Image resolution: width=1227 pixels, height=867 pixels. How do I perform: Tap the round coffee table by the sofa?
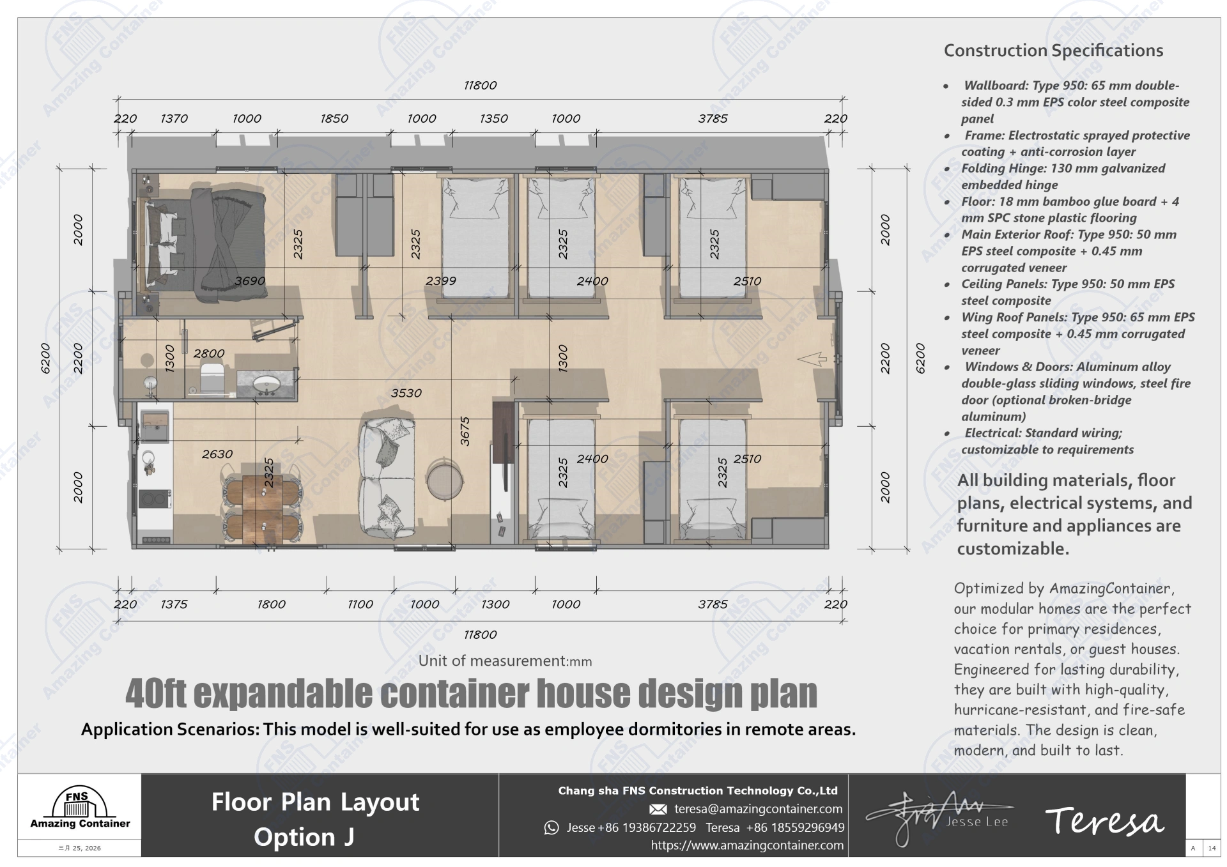point(444,478)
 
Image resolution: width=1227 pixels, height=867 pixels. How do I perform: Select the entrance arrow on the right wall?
point(812,359)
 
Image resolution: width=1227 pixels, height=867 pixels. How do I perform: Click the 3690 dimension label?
point(249,281)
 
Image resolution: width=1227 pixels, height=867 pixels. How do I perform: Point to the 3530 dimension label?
point(406,394)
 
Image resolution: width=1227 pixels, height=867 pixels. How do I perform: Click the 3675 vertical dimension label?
point(465,431)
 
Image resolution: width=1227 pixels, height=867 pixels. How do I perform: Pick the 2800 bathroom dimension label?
point(209,353)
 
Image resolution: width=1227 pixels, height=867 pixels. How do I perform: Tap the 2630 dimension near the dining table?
point(217,454)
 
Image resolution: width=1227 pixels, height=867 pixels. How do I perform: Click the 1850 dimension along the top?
point(334,119)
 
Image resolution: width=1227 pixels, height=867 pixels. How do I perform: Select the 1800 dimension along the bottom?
point(271,604)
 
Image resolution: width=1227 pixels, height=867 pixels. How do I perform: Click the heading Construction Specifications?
point(1053,50)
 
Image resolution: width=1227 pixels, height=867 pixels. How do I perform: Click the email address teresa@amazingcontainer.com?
point(758,809)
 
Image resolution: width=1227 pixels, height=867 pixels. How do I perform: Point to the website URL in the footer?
point(747,845)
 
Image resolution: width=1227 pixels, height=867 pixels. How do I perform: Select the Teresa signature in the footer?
point(1104,821)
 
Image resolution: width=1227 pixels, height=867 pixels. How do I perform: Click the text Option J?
point(304,837)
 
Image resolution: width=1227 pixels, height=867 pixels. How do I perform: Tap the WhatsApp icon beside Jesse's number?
point(551,828)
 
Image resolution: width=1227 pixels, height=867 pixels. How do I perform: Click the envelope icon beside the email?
point(658,809)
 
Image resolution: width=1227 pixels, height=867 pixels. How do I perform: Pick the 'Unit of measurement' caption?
point(505,661)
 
